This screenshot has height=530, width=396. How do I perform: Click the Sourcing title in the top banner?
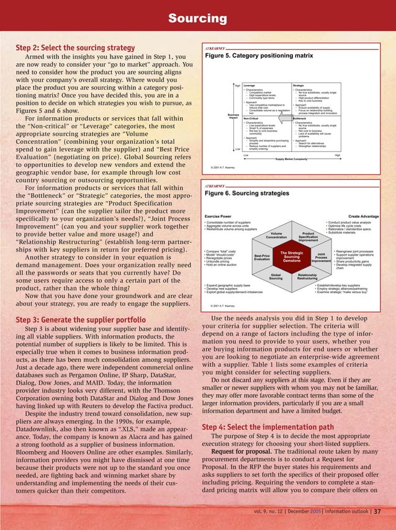coord(198,19)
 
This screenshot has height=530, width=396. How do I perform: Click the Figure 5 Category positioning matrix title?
coord(259,55)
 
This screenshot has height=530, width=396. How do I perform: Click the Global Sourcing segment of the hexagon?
coord(276,277)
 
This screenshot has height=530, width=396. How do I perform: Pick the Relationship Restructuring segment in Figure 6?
coord(307,277)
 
